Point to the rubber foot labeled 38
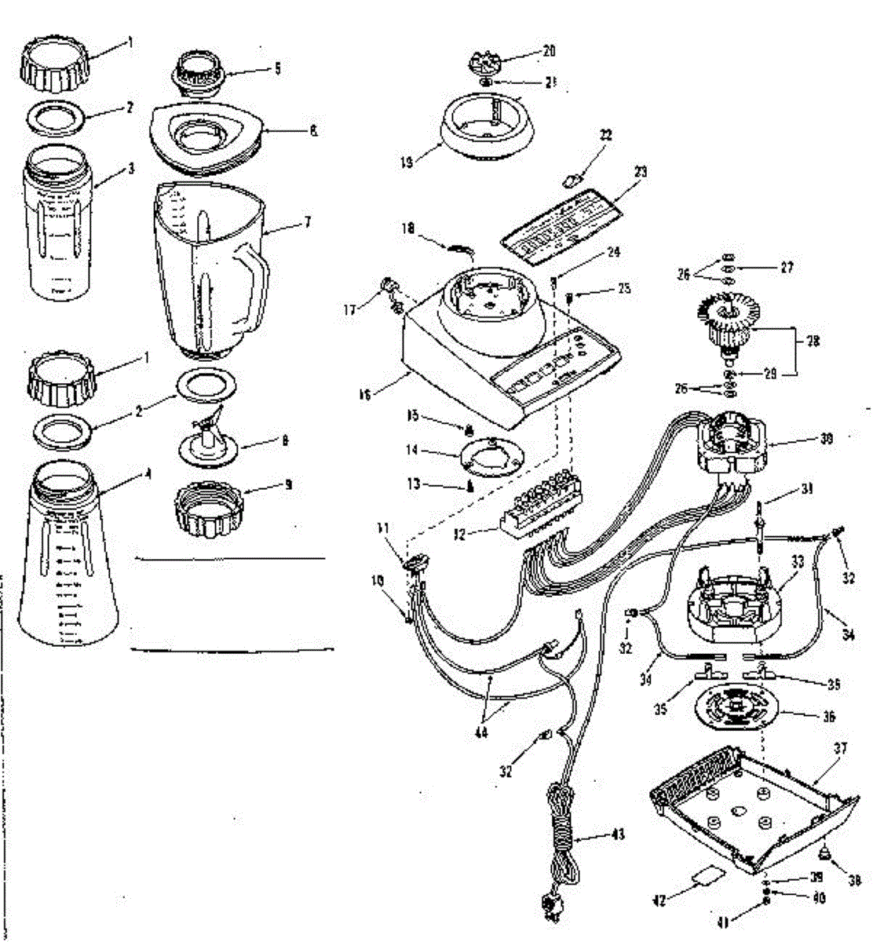pyautogui.click(x=827, y=853)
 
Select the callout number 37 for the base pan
pyautogui.click(x=841, y=750)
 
